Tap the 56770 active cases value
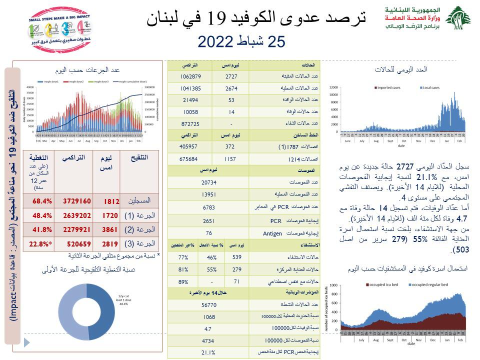(208, 304)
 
